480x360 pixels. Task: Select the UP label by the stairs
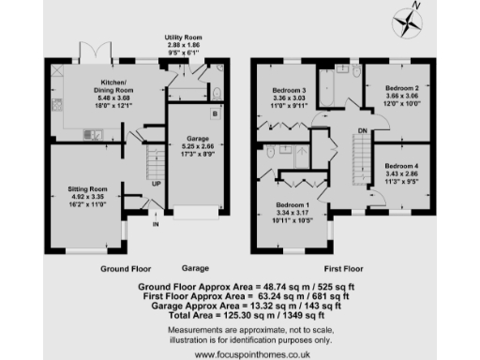pyautogui.click(x=156, y=184)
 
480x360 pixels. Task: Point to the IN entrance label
pyautogui.click(x=155, y=224)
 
